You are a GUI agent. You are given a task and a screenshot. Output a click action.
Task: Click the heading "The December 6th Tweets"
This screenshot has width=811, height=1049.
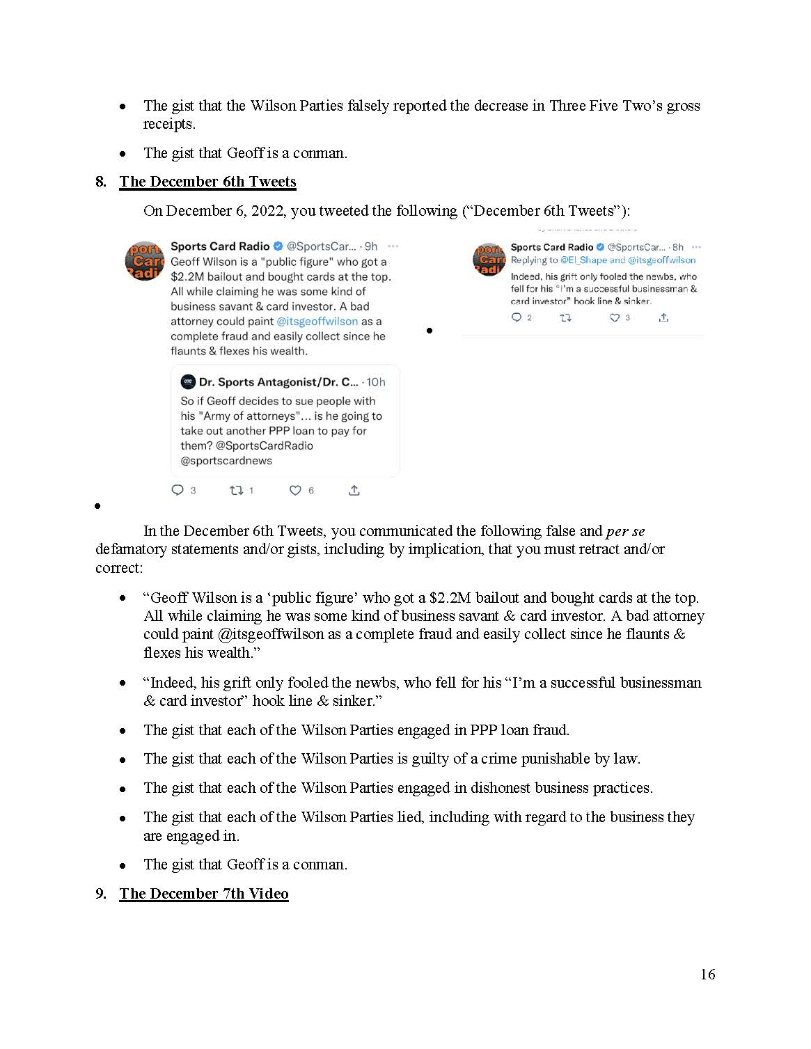point(207,182)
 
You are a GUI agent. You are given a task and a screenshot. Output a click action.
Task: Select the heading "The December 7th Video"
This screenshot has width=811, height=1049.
point(203,893)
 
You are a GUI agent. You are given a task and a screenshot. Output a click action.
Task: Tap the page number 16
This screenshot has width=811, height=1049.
point(707,974)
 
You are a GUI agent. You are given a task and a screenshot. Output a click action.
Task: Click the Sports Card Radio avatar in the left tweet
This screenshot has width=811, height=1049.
point(144,261)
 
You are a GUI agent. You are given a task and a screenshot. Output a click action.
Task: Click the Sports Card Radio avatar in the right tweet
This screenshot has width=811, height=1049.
point(488,259)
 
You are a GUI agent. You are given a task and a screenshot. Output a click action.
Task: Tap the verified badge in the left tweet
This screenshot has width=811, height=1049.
point(278,246)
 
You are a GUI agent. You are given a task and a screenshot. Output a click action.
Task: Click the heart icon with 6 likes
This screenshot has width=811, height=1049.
point(295,491)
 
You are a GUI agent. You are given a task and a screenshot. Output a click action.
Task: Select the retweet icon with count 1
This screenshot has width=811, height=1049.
point(236,491)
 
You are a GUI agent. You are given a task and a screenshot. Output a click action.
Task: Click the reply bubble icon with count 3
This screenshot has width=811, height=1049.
point(178,491)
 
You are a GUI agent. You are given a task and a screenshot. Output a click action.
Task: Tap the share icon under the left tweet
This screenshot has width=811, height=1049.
point(354,491)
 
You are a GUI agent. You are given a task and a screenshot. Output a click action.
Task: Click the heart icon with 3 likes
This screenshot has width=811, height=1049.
point(615,317)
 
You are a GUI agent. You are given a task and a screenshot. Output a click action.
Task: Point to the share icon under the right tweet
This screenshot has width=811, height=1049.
point(663,317)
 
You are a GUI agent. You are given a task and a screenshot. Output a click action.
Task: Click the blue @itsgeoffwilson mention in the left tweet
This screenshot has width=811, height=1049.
point(317,322)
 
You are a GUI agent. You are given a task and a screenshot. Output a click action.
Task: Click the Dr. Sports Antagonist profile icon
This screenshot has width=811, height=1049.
point(187,381)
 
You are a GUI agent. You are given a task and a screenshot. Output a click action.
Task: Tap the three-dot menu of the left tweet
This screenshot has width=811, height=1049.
point(393,246)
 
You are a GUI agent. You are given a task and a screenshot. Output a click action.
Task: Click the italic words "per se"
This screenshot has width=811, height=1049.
point(625,531)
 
